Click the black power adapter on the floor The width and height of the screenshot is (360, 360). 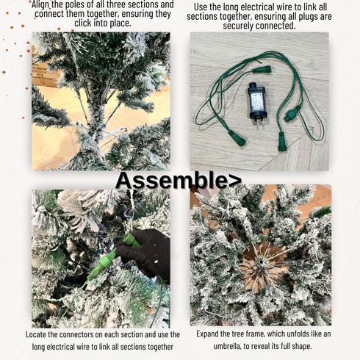coord(256,102)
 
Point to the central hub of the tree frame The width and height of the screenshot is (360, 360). coord(261,263)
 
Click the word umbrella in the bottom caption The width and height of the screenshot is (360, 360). coord(227,346)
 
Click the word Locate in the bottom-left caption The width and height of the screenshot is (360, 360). coord(35,334)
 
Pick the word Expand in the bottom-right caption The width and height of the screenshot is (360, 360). coord(207,334)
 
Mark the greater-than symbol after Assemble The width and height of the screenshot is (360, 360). coord(235,181)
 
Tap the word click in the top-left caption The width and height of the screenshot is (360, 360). coord(83,24)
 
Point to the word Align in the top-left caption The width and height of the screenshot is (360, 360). coord(40,4)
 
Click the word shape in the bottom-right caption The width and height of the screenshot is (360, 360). coord(303,346)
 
